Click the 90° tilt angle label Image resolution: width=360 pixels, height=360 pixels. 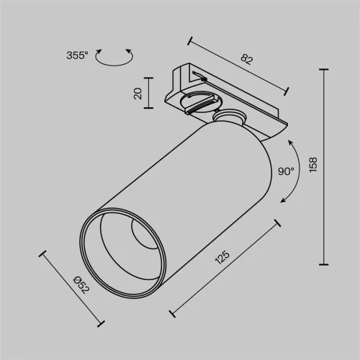click(x=285, y=171)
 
